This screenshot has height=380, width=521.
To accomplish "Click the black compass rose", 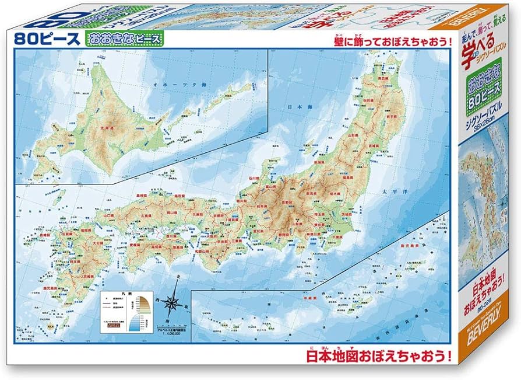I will [x=173, y=303].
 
